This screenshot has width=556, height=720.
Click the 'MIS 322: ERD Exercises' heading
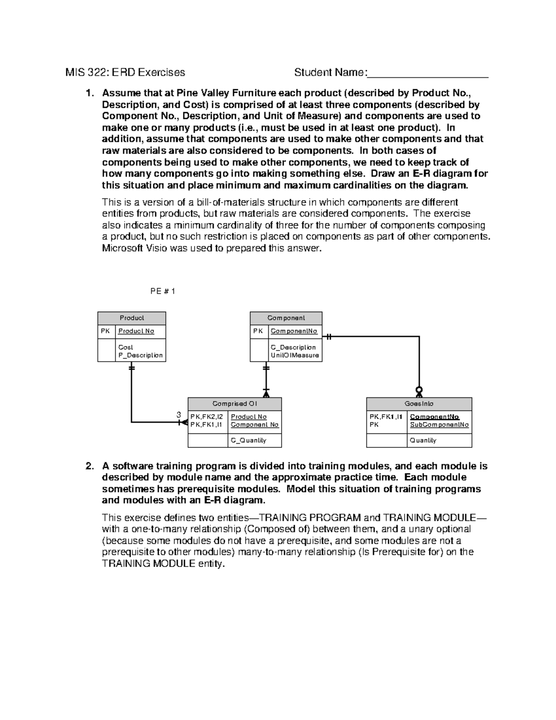(x=125, y=72)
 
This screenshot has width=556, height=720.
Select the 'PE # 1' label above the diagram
(x=163, y=291)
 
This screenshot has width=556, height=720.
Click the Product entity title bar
(x=132, y=318)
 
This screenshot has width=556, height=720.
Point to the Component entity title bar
(x=286, y=318)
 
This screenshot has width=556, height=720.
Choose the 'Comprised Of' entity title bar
(x=234, y=404)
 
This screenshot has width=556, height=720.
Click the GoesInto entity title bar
(x=419, y=404)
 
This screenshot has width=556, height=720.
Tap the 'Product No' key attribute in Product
(x=136, y=331)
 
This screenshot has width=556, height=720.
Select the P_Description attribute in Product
(x=140, y=355)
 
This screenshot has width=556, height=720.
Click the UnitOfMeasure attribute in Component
(x=295, y=355)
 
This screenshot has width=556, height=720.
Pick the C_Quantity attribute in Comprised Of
(x=248, y=440)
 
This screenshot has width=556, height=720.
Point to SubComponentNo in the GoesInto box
(x=439, y=425)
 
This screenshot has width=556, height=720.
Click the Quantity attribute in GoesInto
(x=423, y=440)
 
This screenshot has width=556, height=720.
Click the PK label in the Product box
(x=106, y=331)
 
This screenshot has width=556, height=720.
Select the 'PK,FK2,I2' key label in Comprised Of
(x=207, y=417)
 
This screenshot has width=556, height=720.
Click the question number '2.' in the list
(x=91, y=466)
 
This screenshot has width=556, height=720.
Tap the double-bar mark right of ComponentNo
(x=329, y=337)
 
